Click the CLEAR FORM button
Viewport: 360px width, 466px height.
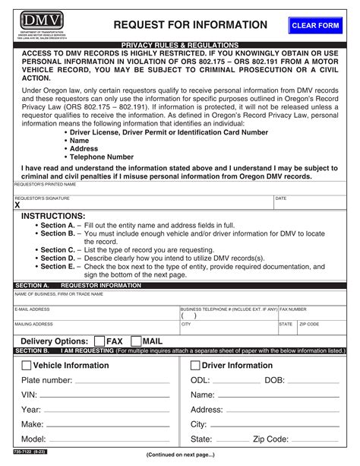315,26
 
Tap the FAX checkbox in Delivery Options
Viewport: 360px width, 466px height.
99,342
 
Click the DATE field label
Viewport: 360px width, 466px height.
281,198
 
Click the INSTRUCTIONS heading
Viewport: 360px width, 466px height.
52,216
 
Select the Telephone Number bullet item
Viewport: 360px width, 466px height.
102,157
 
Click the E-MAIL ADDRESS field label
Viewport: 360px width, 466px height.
33,309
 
